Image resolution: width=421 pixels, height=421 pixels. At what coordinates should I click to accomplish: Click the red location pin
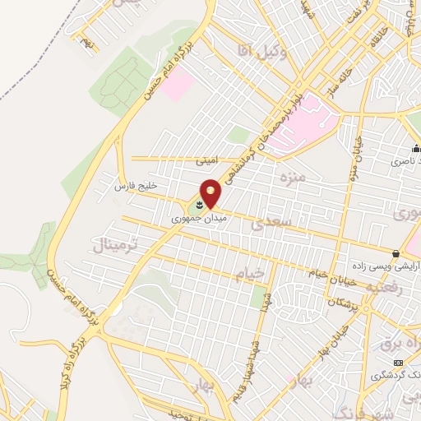pos(210,193)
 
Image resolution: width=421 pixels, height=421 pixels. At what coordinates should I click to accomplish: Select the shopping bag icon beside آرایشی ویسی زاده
pos(396,253)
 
